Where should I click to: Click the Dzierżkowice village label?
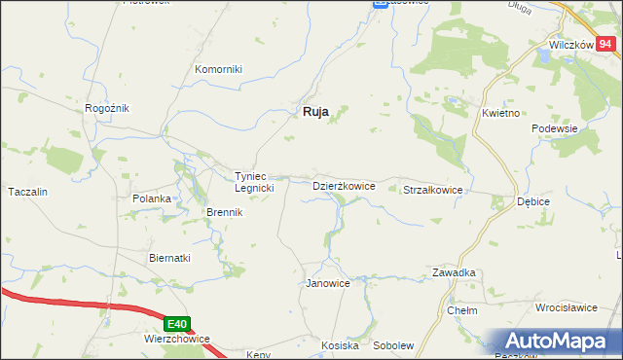pos(343,185)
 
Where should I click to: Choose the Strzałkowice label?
pos(433,191)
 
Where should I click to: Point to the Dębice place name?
pos(532,201)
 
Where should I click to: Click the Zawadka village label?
pos(454,273)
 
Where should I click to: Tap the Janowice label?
pos(328,283)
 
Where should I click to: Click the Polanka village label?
pos(152,198)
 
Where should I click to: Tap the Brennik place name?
pos(224,212)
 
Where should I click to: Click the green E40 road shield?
pos(176,324)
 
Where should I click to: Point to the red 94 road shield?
pos(605,43)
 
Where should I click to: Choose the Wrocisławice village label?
pos(566,307)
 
